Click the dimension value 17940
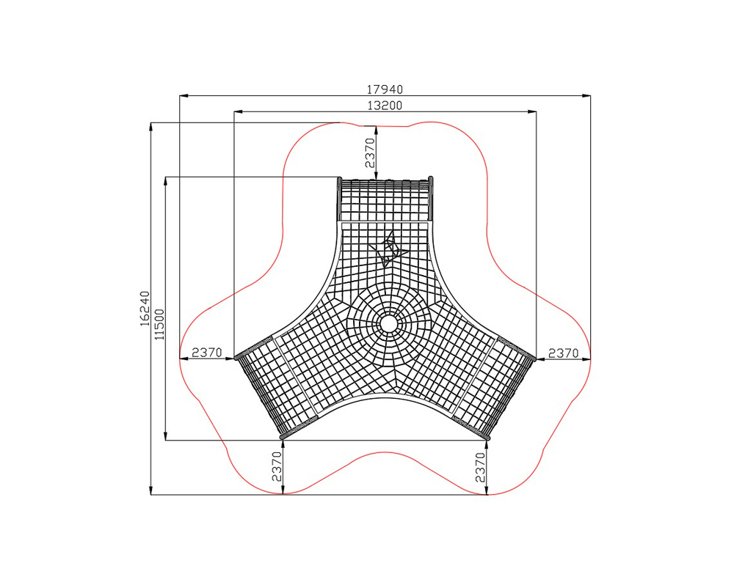[x=385, y=89]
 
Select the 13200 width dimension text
[x=385, y=106]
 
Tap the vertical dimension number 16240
[x=145, y=309]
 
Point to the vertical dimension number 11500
[x=160, y=324]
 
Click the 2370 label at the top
[x=370, y=152]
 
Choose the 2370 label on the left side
[x=207, y=352]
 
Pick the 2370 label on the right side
[x=564, y=353]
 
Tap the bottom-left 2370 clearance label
[x=277, y=466]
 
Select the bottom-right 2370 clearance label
[x=480, y=467]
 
